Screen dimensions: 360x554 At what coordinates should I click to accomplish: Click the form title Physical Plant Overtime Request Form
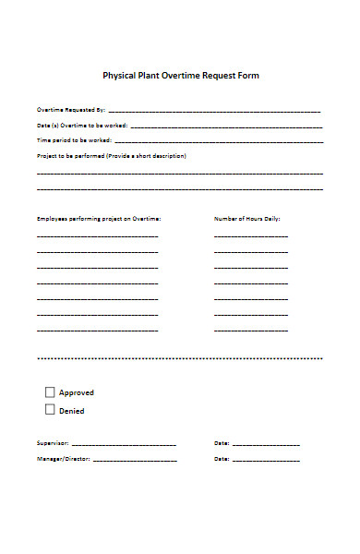(x=179, y=76)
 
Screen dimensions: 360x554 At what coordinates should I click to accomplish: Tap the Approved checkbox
(x=50, y=391)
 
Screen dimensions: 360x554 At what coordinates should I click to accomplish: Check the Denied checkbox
(x=50, y=409)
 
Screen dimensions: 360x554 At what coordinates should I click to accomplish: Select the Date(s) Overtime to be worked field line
(x=226, y=126)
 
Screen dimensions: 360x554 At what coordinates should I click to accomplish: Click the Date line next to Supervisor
(x=266, y=444)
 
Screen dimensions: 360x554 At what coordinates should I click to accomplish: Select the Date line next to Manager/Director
(x=266, y=459)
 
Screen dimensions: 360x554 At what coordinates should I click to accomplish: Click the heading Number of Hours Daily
(x=246, y=219)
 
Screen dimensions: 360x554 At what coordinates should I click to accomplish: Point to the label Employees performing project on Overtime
(x=99, y=219)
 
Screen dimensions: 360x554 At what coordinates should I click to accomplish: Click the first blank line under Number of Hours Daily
(x=250, y=236)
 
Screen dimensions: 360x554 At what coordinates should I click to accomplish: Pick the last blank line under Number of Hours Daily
(x=250, y=331)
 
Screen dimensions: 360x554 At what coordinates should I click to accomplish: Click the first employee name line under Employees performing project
(x=97, y=236)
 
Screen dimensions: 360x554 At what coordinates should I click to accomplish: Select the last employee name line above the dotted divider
(x=97, y=331)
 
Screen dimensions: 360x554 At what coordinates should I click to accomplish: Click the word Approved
(x=77, y=392)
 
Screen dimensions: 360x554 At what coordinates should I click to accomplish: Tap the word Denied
(x=72, y=410)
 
